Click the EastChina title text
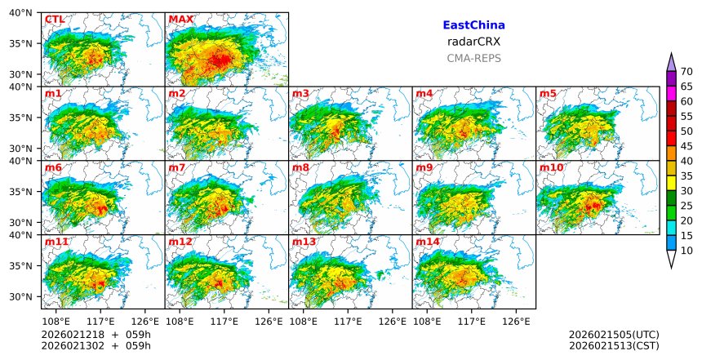473,25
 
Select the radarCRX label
473,42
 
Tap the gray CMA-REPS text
473,58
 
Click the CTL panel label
55,19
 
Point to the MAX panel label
180,19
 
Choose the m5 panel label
548,93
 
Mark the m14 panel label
428,242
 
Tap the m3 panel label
300,93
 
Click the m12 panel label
180,242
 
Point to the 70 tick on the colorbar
686,72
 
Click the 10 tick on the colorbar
686,251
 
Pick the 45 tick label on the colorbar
686,146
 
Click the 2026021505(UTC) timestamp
614,334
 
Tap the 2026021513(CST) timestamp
614,345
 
